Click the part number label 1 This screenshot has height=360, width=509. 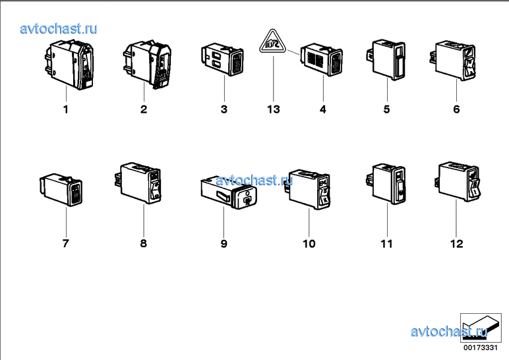[65, 109]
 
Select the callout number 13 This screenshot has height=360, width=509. [274, 109]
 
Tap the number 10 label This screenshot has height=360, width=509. [309, 244]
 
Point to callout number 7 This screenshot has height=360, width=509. [65, 243]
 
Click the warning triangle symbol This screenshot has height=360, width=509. [273, 42]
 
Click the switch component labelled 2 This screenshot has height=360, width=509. [147, 64]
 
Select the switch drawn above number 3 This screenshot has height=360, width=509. [222, 59]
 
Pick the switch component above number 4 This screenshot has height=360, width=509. [321, 59]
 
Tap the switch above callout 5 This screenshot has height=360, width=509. [386, 59]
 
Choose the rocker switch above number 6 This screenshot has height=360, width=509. [453, 60]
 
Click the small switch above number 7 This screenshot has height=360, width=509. [61, 190]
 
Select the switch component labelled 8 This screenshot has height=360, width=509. [138, 183]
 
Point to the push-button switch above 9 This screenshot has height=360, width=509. [229, 193]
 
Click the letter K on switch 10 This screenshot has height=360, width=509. [325, 200]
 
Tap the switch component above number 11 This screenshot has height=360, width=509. [386, 184]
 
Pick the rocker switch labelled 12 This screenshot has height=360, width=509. [457, 181]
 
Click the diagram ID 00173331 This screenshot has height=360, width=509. [481, 347]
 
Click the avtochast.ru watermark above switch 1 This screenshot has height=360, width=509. [59, 28]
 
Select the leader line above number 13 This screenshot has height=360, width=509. [274, 79]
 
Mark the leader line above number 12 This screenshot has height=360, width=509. [456, 218]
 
